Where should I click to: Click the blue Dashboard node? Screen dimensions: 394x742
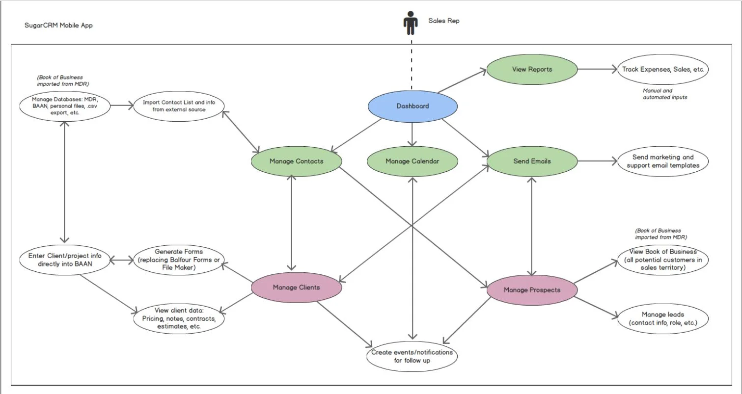(412, 106)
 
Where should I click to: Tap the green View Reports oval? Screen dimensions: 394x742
(532, 69)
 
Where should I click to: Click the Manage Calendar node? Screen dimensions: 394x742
(412, 161)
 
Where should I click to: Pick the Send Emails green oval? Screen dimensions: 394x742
(532, 161)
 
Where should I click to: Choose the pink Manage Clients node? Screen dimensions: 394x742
(296, 288)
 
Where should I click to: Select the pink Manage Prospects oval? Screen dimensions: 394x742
(532, 290)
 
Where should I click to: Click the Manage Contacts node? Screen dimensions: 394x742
(296, 161)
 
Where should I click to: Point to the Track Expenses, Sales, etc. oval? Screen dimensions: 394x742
(663, 69)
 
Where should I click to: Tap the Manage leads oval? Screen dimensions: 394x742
(662, 318)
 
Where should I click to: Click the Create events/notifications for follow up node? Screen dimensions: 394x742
(412, 357)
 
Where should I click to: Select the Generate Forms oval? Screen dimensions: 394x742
(179, 260)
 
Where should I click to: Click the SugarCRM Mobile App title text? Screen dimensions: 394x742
(58, 25)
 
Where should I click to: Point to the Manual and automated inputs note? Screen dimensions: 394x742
(665, 94)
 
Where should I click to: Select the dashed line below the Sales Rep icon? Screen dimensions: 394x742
(412, 64)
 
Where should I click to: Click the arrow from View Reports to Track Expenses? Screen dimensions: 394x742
(597, 69)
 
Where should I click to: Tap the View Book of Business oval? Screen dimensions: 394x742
(662, 260)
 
